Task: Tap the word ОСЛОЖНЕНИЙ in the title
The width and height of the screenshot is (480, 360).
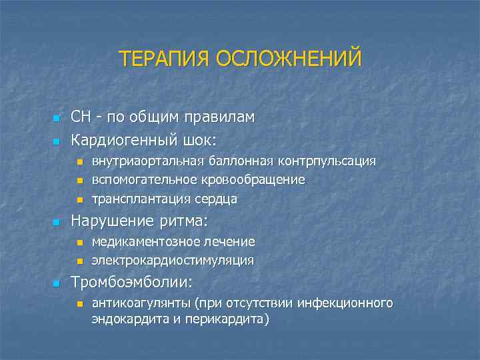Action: click(289, 58)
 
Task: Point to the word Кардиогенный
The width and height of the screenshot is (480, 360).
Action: click(124, 141)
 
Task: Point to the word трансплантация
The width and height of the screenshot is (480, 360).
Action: click(137, 199)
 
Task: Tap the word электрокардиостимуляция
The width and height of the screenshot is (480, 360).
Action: click(172, 260)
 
